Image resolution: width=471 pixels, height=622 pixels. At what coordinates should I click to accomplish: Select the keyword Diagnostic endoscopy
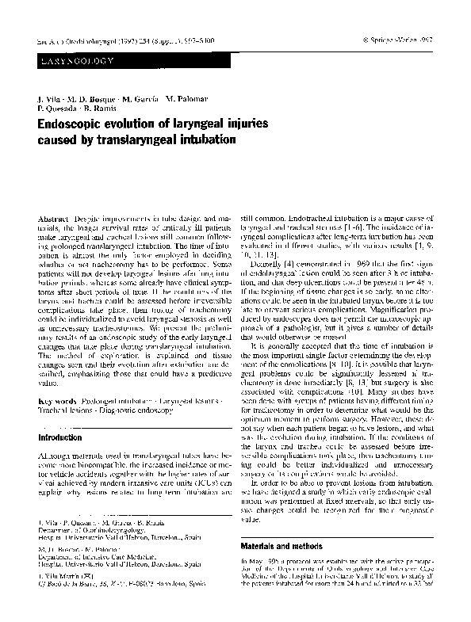point(130,411)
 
